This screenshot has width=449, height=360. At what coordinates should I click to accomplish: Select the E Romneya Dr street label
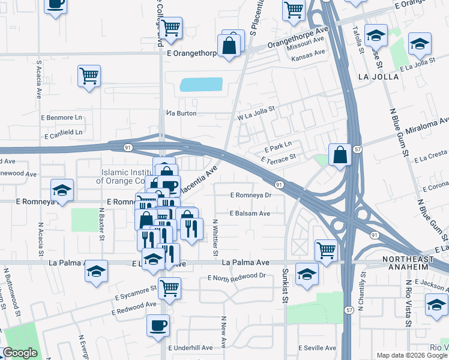tap(252, 195)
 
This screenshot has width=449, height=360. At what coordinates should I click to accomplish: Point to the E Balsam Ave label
tap(250, 213)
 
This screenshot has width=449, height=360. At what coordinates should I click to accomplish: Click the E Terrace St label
tap(279, 158)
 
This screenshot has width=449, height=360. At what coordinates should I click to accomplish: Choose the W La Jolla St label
tap(255, 113)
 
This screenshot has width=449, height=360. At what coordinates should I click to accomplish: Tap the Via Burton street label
tap(181, 113)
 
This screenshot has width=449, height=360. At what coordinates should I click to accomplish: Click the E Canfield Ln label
tap(62, 131)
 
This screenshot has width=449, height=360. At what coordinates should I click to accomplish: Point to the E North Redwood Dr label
tap(237, 277)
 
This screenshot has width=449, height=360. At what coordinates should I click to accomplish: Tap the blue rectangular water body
tap(201, 85)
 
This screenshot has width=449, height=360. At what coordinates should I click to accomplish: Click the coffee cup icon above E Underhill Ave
tap(158, 325)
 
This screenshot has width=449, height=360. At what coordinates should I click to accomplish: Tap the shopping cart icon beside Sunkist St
tap(326, 249)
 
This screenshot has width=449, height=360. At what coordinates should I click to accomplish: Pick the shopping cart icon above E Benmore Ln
tap(89, 76)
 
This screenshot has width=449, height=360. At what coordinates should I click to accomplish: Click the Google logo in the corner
tap(20, 353)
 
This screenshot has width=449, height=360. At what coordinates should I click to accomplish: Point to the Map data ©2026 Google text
tap(411, 355)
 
